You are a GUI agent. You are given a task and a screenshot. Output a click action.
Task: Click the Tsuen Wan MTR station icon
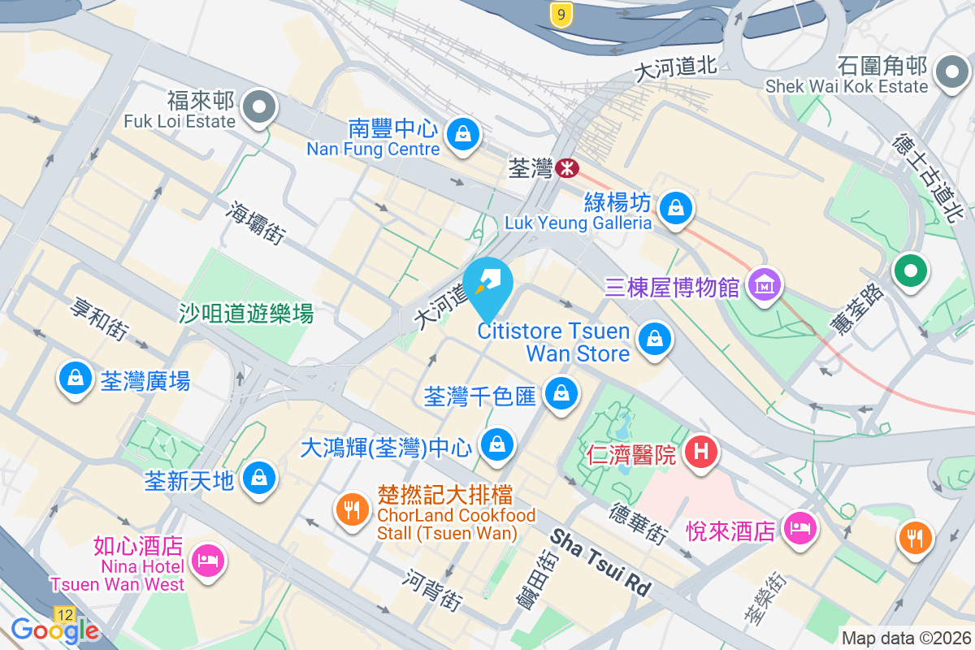[x=566, y=168]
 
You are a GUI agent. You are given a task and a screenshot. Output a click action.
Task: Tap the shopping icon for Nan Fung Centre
[x=462, y=132]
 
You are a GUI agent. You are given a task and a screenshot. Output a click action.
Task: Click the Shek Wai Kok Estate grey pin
[x=950, y=72]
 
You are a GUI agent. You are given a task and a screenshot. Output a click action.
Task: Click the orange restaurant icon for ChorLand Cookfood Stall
[x=351, y=510]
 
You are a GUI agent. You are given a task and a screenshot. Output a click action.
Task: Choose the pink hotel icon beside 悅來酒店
[x=799, y=528]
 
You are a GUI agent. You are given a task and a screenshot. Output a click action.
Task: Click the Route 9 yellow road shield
[x=558, y=13]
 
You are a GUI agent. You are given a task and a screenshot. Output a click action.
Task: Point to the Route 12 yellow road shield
[x=65, y=614]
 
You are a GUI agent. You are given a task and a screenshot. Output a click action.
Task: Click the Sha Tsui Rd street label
[x=601, y=561]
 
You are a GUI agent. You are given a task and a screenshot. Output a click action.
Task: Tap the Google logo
[x=55, y=630]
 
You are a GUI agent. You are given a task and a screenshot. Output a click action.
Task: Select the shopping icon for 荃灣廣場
[x=76, y=378]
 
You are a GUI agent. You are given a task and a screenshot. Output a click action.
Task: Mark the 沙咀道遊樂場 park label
[x=246, y=313]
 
